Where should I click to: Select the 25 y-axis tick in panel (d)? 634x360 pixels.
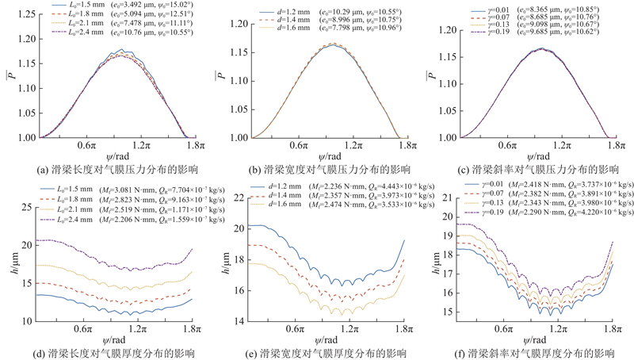[29, 207]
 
